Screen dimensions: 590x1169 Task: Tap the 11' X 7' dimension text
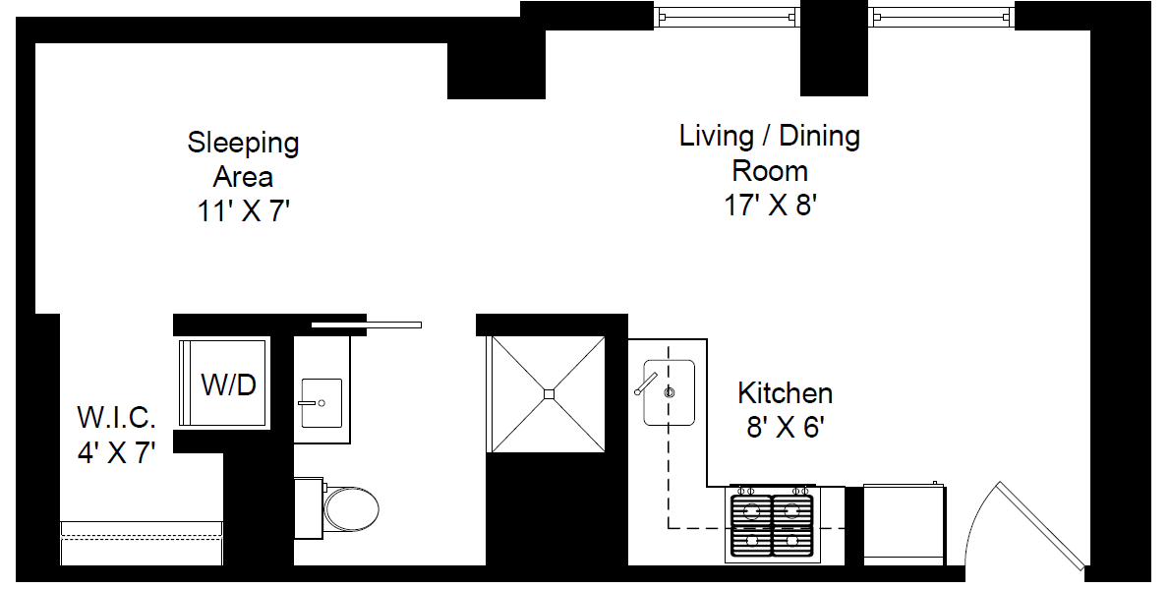pos(243,212)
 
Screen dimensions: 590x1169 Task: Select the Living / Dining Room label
pos(769,152)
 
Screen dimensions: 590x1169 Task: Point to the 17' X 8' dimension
pos(769,206)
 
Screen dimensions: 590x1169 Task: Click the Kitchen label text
pos(785,393)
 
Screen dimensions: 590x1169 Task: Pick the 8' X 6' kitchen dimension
pos(785,429)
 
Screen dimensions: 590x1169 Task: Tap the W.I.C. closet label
pos(116,418)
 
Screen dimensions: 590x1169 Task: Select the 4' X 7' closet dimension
pos(116,453)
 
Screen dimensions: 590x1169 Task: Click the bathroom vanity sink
pos(321,403)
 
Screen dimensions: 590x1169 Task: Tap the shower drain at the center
pos(549,394)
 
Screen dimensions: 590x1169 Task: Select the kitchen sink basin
pos(670,392)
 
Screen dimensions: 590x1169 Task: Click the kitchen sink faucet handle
pos(646,383)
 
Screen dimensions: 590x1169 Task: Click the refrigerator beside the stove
pos(904,523)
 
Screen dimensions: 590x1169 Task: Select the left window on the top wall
pos(726,16)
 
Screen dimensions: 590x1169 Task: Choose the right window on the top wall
pos(940,16)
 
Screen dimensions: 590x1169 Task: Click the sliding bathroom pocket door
pos(366,324)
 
